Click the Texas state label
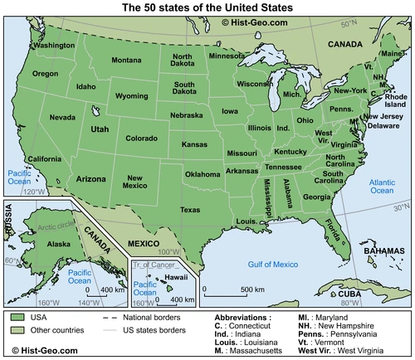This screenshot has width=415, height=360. tap(190, 210)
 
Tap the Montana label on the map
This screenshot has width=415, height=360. tap(127, 61)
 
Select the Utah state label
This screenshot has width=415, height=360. tap(99, 130)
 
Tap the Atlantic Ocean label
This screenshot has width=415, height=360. tap(382, 185)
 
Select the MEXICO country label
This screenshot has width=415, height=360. tap(143, 242)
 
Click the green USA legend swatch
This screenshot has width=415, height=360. tap(17, 317)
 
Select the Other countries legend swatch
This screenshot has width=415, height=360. tap(17, 330)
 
